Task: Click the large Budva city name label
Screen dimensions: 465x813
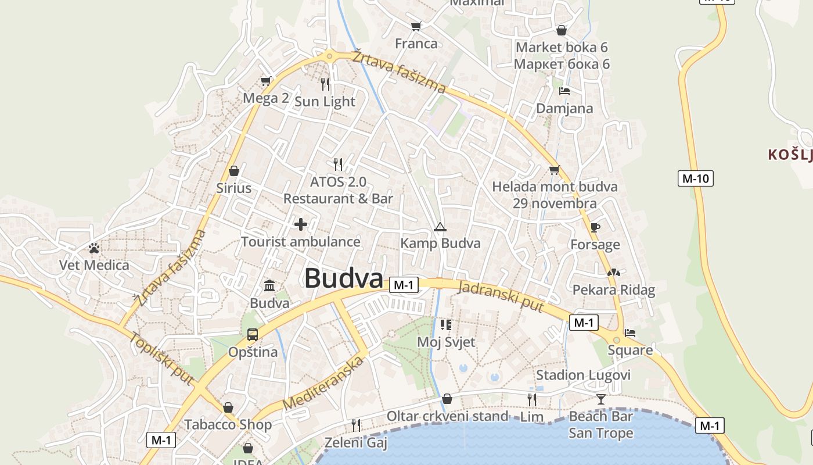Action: tap(344, 278)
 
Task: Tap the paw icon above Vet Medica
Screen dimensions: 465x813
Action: tap(94, 248)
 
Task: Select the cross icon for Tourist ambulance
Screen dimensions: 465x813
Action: tap(301, 224)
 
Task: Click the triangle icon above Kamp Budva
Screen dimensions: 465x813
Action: tap(440, 227)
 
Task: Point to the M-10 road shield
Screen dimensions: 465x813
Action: tap(696, 178)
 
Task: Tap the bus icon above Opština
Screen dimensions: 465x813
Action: tap(253, 335)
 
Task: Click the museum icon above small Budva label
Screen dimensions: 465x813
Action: tap(269, 285)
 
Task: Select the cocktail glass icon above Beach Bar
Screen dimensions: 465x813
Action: tap(600, 399)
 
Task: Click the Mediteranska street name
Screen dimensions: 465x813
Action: tap(323, 383)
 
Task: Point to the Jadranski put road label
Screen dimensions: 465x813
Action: tap(501, 296)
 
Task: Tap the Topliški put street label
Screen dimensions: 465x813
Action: tap(161, 359)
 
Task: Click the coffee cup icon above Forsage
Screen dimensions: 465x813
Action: tap(595, 227)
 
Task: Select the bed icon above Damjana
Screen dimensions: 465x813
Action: tap(564, 91)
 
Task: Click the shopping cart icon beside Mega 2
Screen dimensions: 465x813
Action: tap(266, 81)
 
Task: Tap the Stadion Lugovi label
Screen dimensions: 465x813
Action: tap(583, 375)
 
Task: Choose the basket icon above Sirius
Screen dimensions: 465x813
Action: tap(234, 171)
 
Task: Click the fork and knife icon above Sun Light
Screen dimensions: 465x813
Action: tap(325, 84)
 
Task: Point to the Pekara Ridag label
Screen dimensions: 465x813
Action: tap(614, 290)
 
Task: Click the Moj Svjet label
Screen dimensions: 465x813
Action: tap(446, 342)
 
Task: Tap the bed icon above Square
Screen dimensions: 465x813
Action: tap(630, 333)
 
